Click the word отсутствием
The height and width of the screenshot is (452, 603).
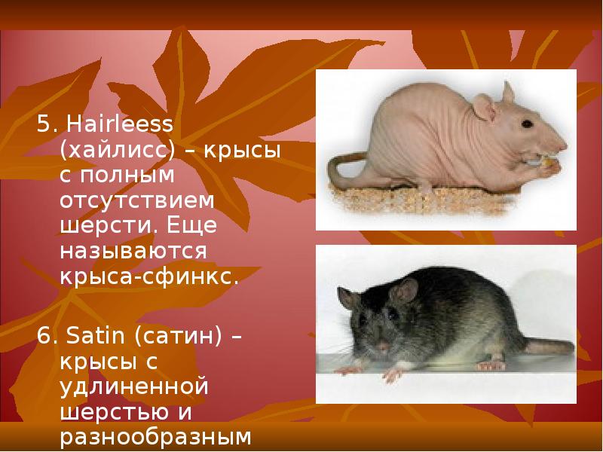pos(136,201)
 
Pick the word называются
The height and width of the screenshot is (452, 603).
pos(136,252)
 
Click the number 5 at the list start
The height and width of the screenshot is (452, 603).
pos(43,124)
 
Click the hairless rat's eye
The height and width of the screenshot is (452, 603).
pos(527,123)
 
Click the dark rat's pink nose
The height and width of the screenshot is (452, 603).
pos(384,345)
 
